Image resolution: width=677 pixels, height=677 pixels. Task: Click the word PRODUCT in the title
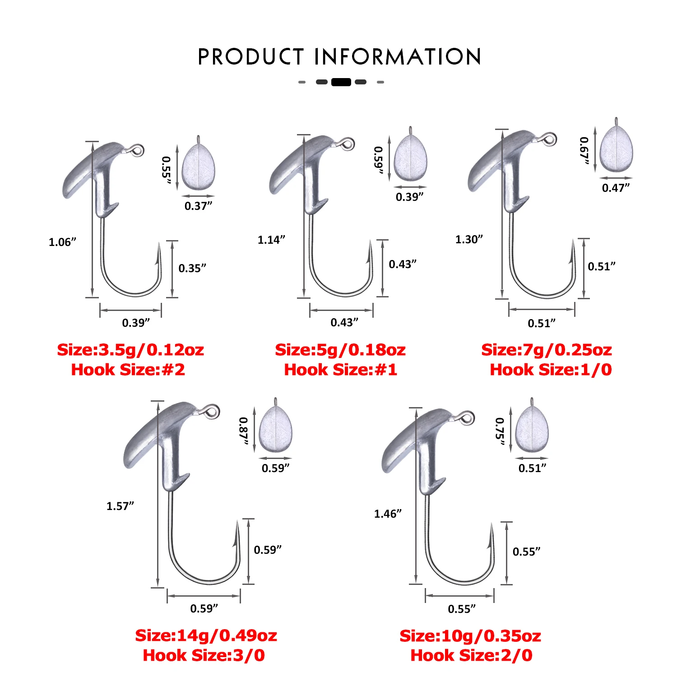click(x=251, y=57)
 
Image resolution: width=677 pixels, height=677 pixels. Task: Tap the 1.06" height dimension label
click(x=62, y=242)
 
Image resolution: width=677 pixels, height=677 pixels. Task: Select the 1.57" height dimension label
click(x=120, y=506)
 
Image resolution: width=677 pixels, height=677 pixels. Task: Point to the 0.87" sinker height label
click(x=244, y=431)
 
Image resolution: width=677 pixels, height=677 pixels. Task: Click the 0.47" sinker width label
click(x=616, y=188)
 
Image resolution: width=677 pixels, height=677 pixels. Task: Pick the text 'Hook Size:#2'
click(x=128, y=370)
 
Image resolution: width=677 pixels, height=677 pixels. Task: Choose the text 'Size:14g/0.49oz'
click(x=206, y=635)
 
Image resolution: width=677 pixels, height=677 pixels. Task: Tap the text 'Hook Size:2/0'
click(x=471, y=655)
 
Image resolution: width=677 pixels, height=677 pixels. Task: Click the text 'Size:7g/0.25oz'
click(x=547, y=350)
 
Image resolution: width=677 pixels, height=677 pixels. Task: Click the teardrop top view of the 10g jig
click(x=532, y=429)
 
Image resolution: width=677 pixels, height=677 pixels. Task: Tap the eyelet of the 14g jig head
click(x=212, y=411)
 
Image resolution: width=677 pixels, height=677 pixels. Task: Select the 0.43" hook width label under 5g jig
click(x=344, y=322)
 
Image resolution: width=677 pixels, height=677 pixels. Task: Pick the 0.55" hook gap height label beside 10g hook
click(x=526, y=552)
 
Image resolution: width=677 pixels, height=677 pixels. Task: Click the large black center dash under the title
click(x=341, y=82)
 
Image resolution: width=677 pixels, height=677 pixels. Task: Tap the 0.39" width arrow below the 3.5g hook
click(x=130, y=310)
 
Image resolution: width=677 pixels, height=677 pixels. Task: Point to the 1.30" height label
click(x=469, y=239)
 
